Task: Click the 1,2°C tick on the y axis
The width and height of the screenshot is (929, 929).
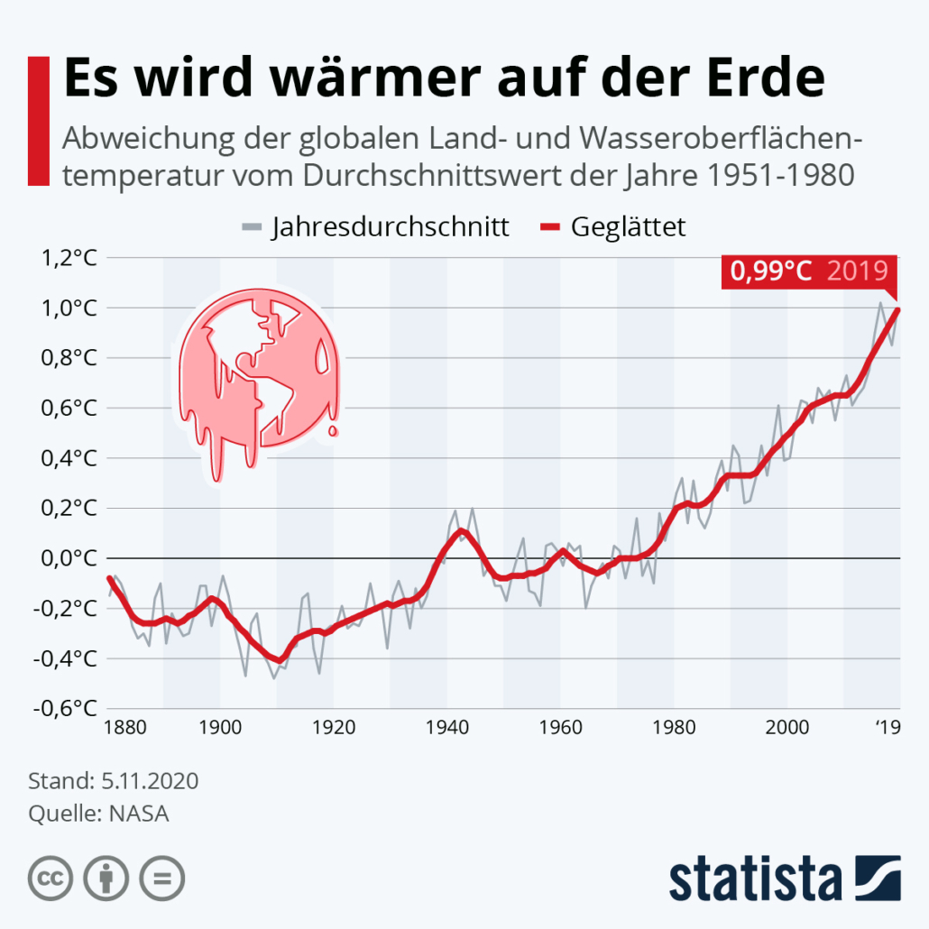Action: (x=67, y=259)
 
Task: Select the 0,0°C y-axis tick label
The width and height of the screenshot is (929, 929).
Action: (x=67, y=558)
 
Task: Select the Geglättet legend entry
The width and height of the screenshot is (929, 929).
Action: (x=628, y=226)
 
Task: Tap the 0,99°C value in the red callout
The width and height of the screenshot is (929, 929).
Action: (x=771, y=271)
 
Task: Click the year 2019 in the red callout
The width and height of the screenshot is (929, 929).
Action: (x=858, y=271)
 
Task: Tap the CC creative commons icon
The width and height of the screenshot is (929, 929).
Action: (x=51, y=877)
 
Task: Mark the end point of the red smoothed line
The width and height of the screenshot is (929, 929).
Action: (x=898, y=310)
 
